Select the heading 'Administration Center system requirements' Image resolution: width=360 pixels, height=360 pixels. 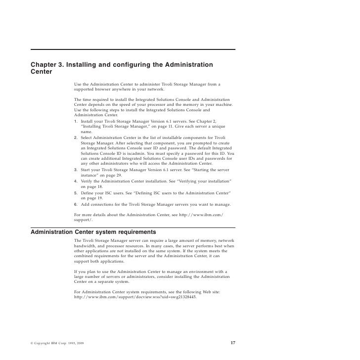pyautogui.click(x=93, y=231)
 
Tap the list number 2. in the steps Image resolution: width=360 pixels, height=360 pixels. pyautogui.click(x=76, y=136)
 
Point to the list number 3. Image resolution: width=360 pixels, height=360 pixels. pyautogui.click(x=76, y=171)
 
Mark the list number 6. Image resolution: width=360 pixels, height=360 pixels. pyautogui.click(x=76, y=205)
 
